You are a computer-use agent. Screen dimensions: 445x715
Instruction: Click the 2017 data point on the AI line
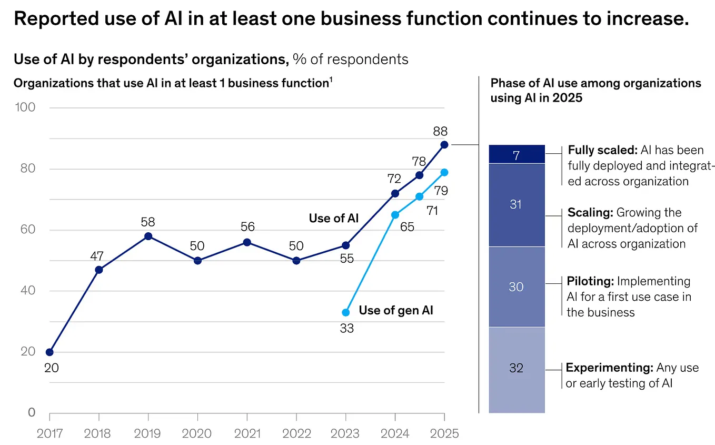pos(49,352)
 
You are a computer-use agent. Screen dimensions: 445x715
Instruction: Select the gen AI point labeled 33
pos(345,312)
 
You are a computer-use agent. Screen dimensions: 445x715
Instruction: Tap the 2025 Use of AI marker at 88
pos(444,145)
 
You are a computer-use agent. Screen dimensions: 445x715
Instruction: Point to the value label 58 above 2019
pos(148,222)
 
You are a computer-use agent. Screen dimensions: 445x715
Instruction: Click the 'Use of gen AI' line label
pos(396,310)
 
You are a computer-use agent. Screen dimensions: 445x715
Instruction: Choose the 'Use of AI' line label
pos(333,218)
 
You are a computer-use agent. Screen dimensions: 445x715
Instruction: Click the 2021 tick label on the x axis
pos(246,433)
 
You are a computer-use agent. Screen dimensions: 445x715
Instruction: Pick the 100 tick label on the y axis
pos(24,107)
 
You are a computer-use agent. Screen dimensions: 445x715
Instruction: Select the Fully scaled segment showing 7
pos(516,154)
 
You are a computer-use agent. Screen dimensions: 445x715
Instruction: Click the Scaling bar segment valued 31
pos(516,204)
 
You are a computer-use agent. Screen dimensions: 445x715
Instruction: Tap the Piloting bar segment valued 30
pos(516,286)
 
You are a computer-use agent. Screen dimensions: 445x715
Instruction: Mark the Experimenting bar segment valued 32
pos(516,368)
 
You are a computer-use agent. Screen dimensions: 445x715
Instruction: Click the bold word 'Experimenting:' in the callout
pos(609,368)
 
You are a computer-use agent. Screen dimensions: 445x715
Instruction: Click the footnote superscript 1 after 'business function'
pos(331,80)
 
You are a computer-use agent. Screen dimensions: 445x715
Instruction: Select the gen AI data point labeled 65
pos(395,215)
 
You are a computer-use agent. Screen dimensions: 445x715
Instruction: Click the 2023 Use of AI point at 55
pos(345,245)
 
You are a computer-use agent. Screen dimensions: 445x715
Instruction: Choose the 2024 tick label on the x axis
pos(395,433)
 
